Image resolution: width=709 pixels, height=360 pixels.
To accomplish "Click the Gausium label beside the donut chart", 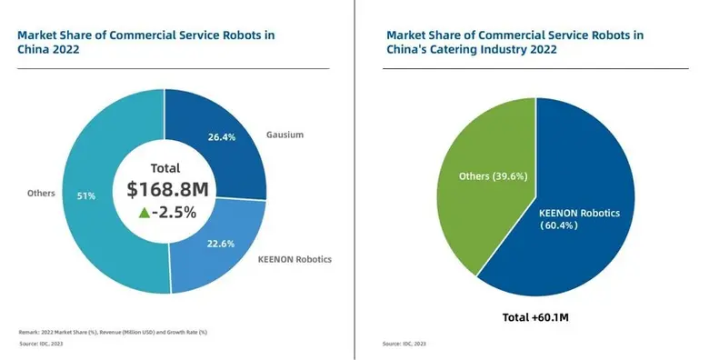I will coord(285,135).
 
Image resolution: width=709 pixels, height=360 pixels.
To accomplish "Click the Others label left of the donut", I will coord(42,193).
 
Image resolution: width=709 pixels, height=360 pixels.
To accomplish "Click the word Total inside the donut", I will coord(165,167).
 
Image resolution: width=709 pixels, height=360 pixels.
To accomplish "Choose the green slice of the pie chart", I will coord(482,209).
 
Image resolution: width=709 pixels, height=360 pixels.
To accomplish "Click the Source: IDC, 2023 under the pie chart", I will coord(404,344).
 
